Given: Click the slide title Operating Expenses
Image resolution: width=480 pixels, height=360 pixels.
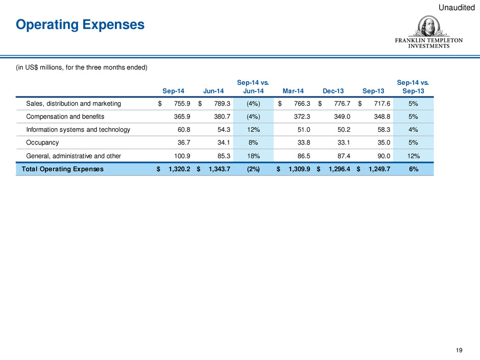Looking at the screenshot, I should tap(80, 25).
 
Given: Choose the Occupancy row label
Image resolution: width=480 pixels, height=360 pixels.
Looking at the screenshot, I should tap(42, 143).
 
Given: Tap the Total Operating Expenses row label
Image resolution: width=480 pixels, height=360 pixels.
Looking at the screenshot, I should tap(60, 169).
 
